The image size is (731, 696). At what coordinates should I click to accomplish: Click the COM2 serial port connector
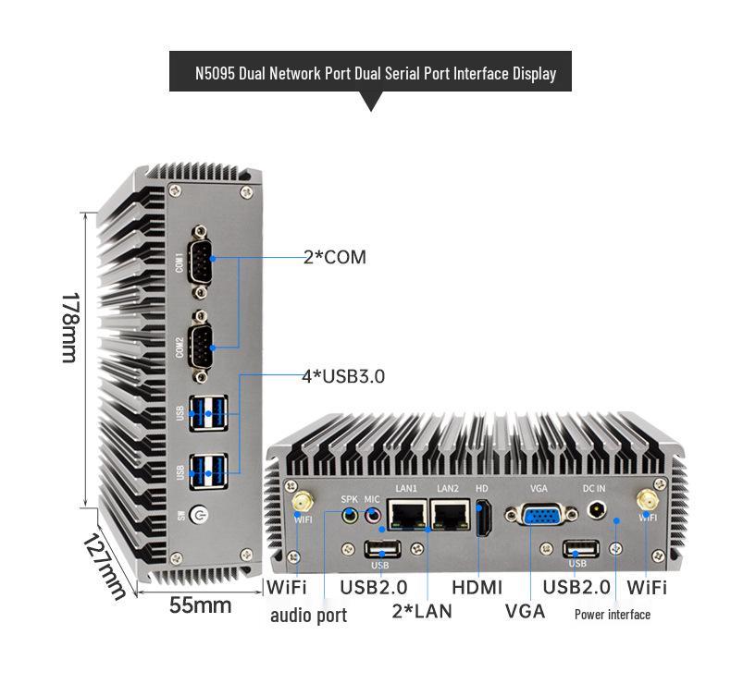[x=198, y=346]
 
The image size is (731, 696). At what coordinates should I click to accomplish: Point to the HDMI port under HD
[x=481, y=517]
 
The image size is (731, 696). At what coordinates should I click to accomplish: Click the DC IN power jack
[x=598, y=509]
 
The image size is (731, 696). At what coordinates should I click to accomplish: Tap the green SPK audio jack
[x=349, y=517]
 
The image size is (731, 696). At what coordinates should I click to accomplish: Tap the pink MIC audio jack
[x=372, y=517]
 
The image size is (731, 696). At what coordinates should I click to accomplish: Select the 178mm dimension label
[x=70, y=328]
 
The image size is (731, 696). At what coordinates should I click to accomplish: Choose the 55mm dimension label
[x=200, y=606]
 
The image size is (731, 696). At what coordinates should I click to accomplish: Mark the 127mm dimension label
[x=102, y=564]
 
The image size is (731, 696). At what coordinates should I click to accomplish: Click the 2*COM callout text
[x=335, y=258]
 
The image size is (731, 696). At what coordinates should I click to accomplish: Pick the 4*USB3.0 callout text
[x=343, y=376]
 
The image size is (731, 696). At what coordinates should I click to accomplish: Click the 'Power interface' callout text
[x=612, y=615]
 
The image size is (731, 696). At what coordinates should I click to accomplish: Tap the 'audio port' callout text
[x=308, y=616]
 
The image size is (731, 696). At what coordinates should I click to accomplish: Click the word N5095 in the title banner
[x=215, y=73]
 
